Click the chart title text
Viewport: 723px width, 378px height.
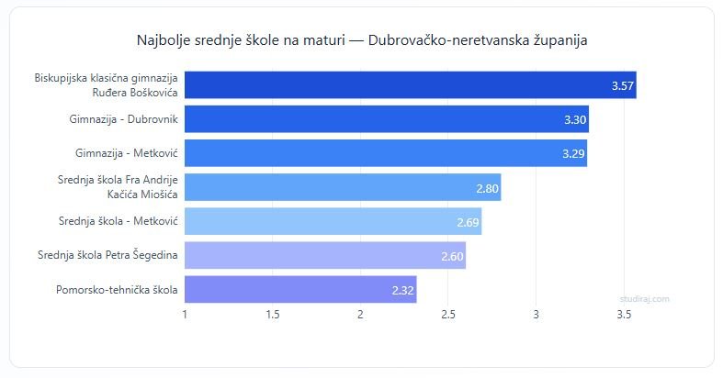(361, 41)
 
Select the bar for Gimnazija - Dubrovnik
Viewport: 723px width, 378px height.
(386, 119)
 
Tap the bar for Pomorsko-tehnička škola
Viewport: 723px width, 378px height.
(300, 290)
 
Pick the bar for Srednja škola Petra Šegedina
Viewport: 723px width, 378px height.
(325, 256)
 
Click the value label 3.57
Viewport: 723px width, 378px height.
(623, 85)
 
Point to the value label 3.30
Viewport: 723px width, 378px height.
(575, 119)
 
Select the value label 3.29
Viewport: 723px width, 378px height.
(574, 153)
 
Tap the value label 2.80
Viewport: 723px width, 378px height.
(488, 188)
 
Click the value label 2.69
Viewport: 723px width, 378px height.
(469, 222)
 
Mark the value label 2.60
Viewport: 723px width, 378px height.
(452, 256)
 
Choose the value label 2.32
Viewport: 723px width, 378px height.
(403, 290)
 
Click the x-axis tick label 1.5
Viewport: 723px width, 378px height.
(273, 315)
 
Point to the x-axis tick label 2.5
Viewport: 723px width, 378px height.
(448, 315)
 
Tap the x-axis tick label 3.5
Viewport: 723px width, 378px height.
(624, 315)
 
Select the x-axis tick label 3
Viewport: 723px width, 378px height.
(537, 315)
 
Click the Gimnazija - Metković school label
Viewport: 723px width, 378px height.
(127, 153)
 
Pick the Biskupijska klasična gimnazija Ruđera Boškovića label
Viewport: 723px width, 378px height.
(106, 85)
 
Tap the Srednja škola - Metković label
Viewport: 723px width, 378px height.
(118, 222)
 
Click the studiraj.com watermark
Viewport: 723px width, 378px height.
(644, 298)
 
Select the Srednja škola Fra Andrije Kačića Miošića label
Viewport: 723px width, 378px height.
(118, 187)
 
